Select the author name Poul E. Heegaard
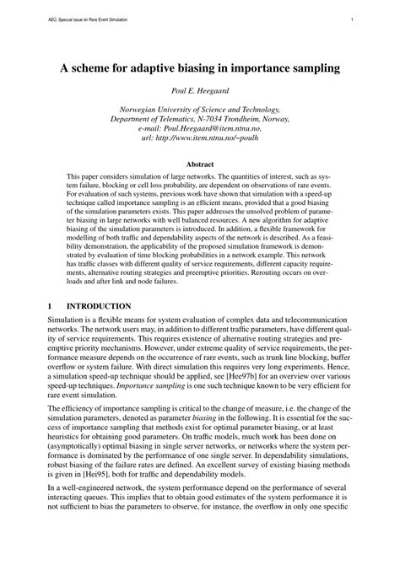point(200,92)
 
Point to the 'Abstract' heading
point(200,164)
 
